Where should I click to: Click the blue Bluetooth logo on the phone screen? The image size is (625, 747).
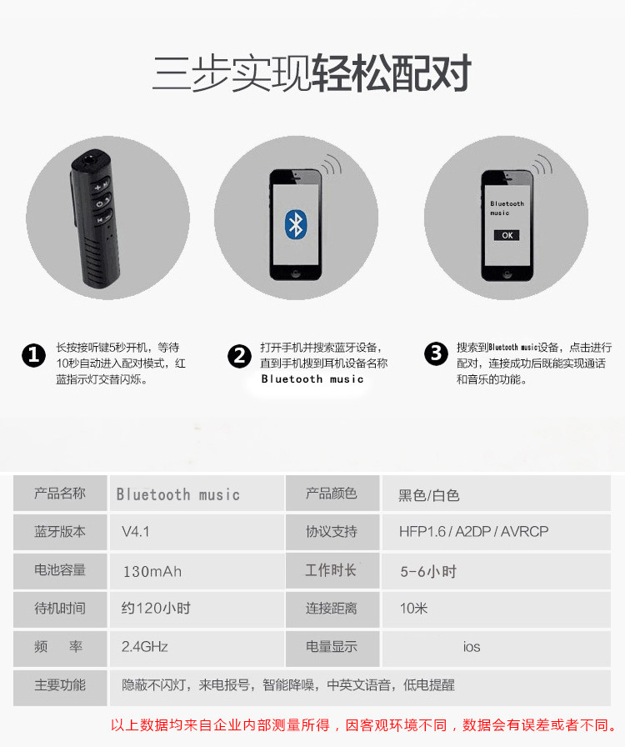(295, 224)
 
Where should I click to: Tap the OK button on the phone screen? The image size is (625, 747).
(507, 235)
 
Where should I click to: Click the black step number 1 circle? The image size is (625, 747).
(34, 355)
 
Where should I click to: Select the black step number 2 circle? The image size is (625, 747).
(239, 356)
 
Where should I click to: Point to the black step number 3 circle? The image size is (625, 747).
(436, 353)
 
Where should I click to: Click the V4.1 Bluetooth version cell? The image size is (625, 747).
(136, 532)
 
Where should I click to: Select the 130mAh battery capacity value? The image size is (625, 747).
(152, 571)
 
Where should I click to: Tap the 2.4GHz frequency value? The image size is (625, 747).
(145, 647)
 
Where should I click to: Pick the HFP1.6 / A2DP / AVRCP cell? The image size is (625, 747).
(473, 532)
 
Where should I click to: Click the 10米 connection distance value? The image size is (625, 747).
(413, 609)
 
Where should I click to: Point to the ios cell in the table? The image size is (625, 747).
(472, 647)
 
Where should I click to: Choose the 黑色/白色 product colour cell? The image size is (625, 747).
(428, 495)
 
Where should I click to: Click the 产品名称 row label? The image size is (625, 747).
(60, 493)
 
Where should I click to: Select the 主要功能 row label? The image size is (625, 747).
(60, 685)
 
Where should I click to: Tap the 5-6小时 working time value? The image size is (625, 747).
(428, 571)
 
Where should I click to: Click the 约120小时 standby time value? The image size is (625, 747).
(156, 609)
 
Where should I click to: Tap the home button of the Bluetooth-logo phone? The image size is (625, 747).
(295, 274)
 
